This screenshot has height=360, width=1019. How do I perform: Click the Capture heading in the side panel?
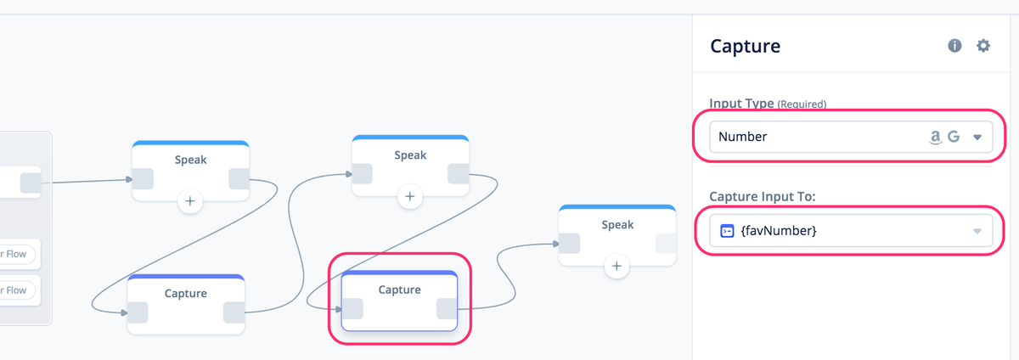(x=745, y=46)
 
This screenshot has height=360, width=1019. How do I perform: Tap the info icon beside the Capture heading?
(x=954, y=46)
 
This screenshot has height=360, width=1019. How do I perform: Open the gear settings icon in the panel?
(x=983, y=46)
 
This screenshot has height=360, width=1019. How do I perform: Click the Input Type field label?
(x=741, y=104)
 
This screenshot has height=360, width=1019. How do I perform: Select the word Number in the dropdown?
(x=742, y=136)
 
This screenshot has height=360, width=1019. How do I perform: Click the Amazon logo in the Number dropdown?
(x=936, y=136)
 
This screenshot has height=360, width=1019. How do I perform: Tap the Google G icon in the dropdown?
(x=954, y=136)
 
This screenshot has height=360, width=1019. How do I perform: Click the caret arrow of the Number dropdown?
(x=977, y=137)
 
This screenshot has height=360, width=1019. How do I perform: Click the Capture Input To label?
(x=762, y=197)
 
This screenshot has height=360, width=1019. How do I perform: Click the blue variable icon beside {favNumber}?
(x=726, y=230)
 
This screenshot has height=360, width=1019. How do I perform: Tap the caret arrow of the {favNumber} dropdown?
(x=977, y=231)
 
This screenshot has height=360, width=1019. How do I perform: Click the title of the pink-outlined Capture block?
(x=399, y=290)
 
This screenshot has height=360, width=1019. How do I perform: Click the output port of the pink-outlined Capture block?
(x=447, y=309)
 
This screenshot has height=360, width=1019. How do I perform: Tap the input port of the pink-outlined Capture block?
(x=352, y=309)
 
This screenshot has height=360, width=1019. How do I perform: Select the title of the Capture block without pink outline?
(x=185, y=293)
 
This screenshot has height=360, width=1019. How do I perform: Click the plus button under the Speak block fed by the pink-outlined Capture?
(x=616, y=267)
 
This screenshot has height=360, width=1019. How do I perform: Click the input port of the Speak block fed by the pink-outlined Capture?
(x=570, y=244)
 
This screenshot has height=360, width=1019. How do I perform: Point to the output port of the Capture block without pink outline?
(x=234, y=312)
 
